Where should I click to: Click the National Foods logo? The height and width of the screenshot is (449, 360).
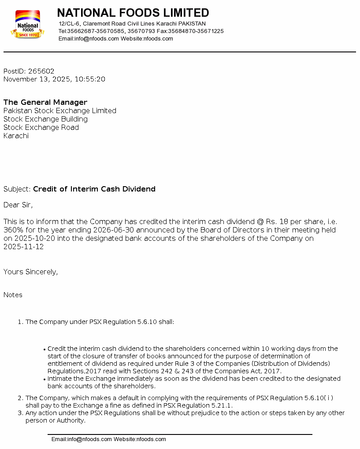click(x=27, y=24)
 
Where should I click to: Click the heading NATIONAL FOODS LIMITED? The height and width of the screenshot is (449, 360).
click(x=133, y=13)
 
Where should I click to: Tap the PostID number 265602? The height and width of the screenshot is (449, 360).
click(x=41, y=71)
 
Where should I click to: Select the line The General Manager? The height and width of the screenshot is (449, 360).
click(x=45, y=103)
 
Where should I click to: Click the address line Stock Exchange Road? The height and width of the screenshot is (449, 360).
click(x=41, y=128)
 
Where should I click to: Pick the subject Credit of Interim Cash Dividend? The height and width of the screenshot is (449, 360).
click(x=94, y=189)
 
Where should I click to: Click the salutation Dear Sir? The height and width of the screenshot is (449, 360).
click(x=18, y=205)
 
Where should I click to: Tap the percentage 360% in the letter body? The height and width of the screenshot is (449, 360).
click(x=13, y=230)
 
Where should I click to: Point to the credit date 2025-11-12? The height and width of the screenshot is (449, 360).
click(x=24, y=247)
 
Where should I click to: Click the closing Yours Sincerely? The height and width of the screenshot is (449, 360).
click(x=30, y=272)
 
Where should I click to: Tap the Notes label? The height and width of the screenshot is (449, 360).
click(x=13, y=295)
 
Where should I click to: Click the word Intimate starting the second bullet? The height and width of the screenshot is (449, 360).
click(x=61, y=379)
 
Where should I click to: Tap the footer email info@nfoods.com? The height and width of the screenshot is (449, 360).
click(x=89, y=439)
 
